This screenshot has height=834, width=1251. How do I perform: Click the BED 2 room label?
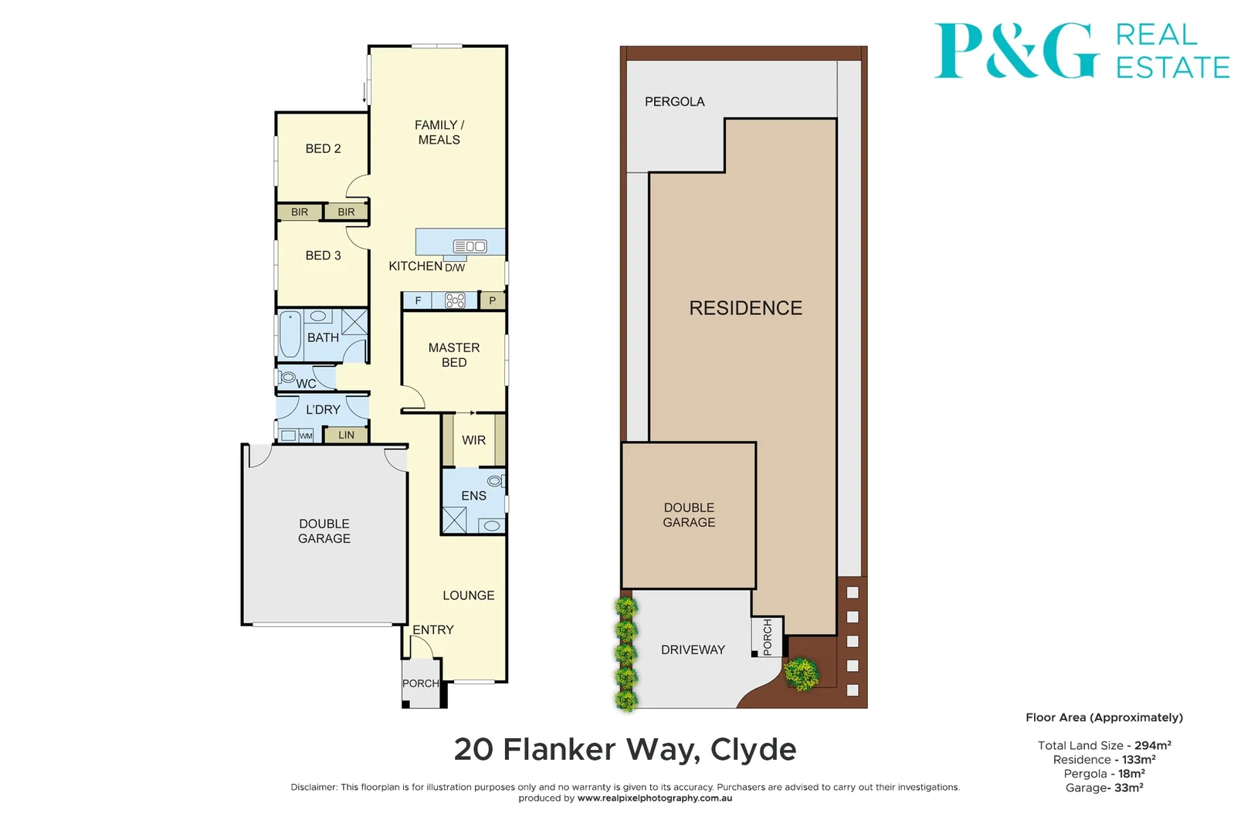point(323,148)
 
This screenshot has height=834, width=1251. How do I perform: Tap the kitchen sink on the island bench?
point(470,246)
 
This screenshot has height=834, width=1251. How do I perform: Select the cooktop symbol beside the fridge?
point(455,300)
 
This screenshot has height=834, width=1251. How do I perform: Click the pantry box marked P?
point(492,300)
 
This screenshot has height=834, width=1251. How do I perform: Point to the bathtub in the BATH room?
point(290,334)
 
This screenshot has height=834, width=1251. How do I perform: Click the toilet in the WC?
point(287,378)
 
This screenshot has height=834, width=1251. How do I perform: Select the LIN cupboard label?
point(346,435)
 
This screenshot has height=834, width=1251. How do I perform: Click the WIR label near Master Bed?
point(473,440)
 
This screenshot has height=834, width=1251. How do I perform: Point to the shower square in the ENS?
point(454,520)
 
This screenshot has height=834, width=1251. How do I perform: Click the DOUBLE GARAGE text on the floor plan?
point(324,531)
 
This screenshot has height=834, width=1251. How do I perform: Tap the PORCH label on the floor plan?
point(420,683)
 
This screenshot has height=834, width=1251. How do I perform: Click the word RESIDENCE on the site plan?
point(745,308)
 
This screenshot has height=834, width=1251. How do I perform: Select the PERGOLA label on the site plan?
point(674,102)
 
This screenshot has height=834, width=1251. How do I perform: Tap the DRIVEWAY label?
point(693,650)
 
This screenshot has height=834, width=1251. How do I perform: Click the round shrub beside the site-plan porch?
point(802,673)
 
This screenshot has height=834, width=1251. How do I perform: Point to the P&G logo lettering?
point(1015,50)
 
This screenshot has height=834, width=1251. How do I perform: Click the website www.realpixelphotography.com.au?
point(654,798)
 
